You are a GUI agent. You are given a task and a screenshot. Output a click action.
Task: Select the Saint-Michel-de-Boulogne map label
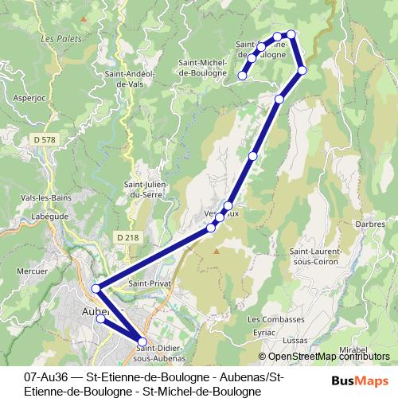pyautogui.click(x=205, y=68)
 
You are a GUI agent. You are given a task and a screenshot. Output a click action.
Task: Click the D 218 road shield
pyautogui.click(x=126, y=236)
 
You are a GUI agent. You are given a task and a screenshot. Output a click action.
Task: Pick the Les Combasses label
pyautogui.click(x=283, y=319)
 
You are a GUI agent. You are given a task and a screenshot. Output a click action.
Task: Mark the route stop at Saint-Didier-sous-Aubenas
pyautogui.click(x=142, y=342)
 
